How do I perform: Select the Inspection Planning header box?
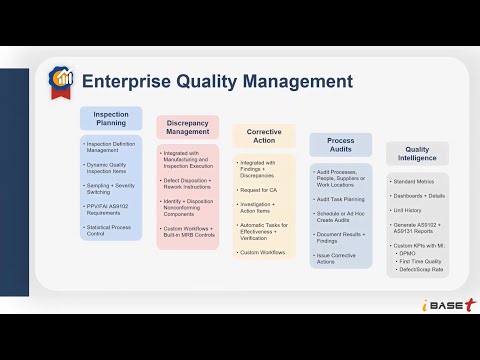click(111, 119)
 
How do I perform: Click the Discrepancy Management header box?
click(187, 127)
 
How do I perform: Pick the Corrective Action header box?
click(264, 137)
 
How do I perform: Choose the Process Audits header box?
click(340, 146)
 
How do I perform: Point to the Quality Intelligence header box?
click(417, 155)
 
